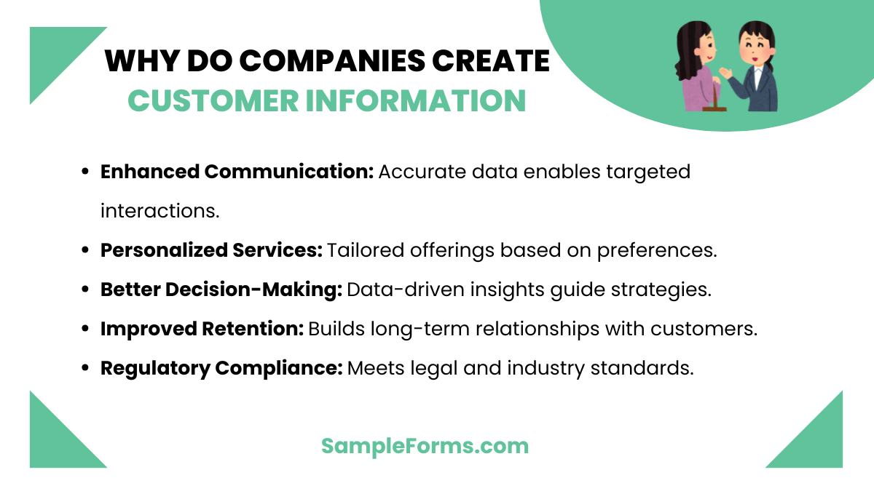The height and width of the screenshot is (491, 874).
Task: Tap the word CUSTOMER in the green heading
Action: (x=212, y=101)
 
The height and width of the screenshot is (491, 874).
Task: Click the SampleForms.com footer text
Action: (x=425, y=445)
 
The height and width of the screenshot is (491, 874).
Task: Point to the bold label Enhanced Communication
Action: (x=237, y=172)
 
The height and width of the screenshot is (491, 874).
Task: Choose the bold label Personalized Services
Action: (x=211, y=250)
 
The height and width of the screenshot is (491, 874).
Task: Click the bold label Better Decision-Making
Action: (x=221, y=289)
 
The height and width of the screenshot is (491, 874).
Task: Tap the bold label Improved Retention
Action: (x=202, y=328)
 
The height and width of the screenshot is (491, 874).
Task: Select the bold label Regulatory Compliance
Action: (x=221, y=367)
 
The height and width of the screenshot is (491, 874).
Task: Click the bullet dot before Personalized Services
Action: (x=85, y=250)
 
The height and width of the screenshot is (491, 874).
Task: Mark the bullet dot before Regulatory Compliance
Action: (x=85, y=368)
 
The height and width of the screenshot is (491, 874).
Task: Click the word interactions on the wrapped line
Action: (x=160, y=211)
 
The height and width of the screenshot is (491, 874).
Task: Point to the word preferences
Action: (x=657, y=250)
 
